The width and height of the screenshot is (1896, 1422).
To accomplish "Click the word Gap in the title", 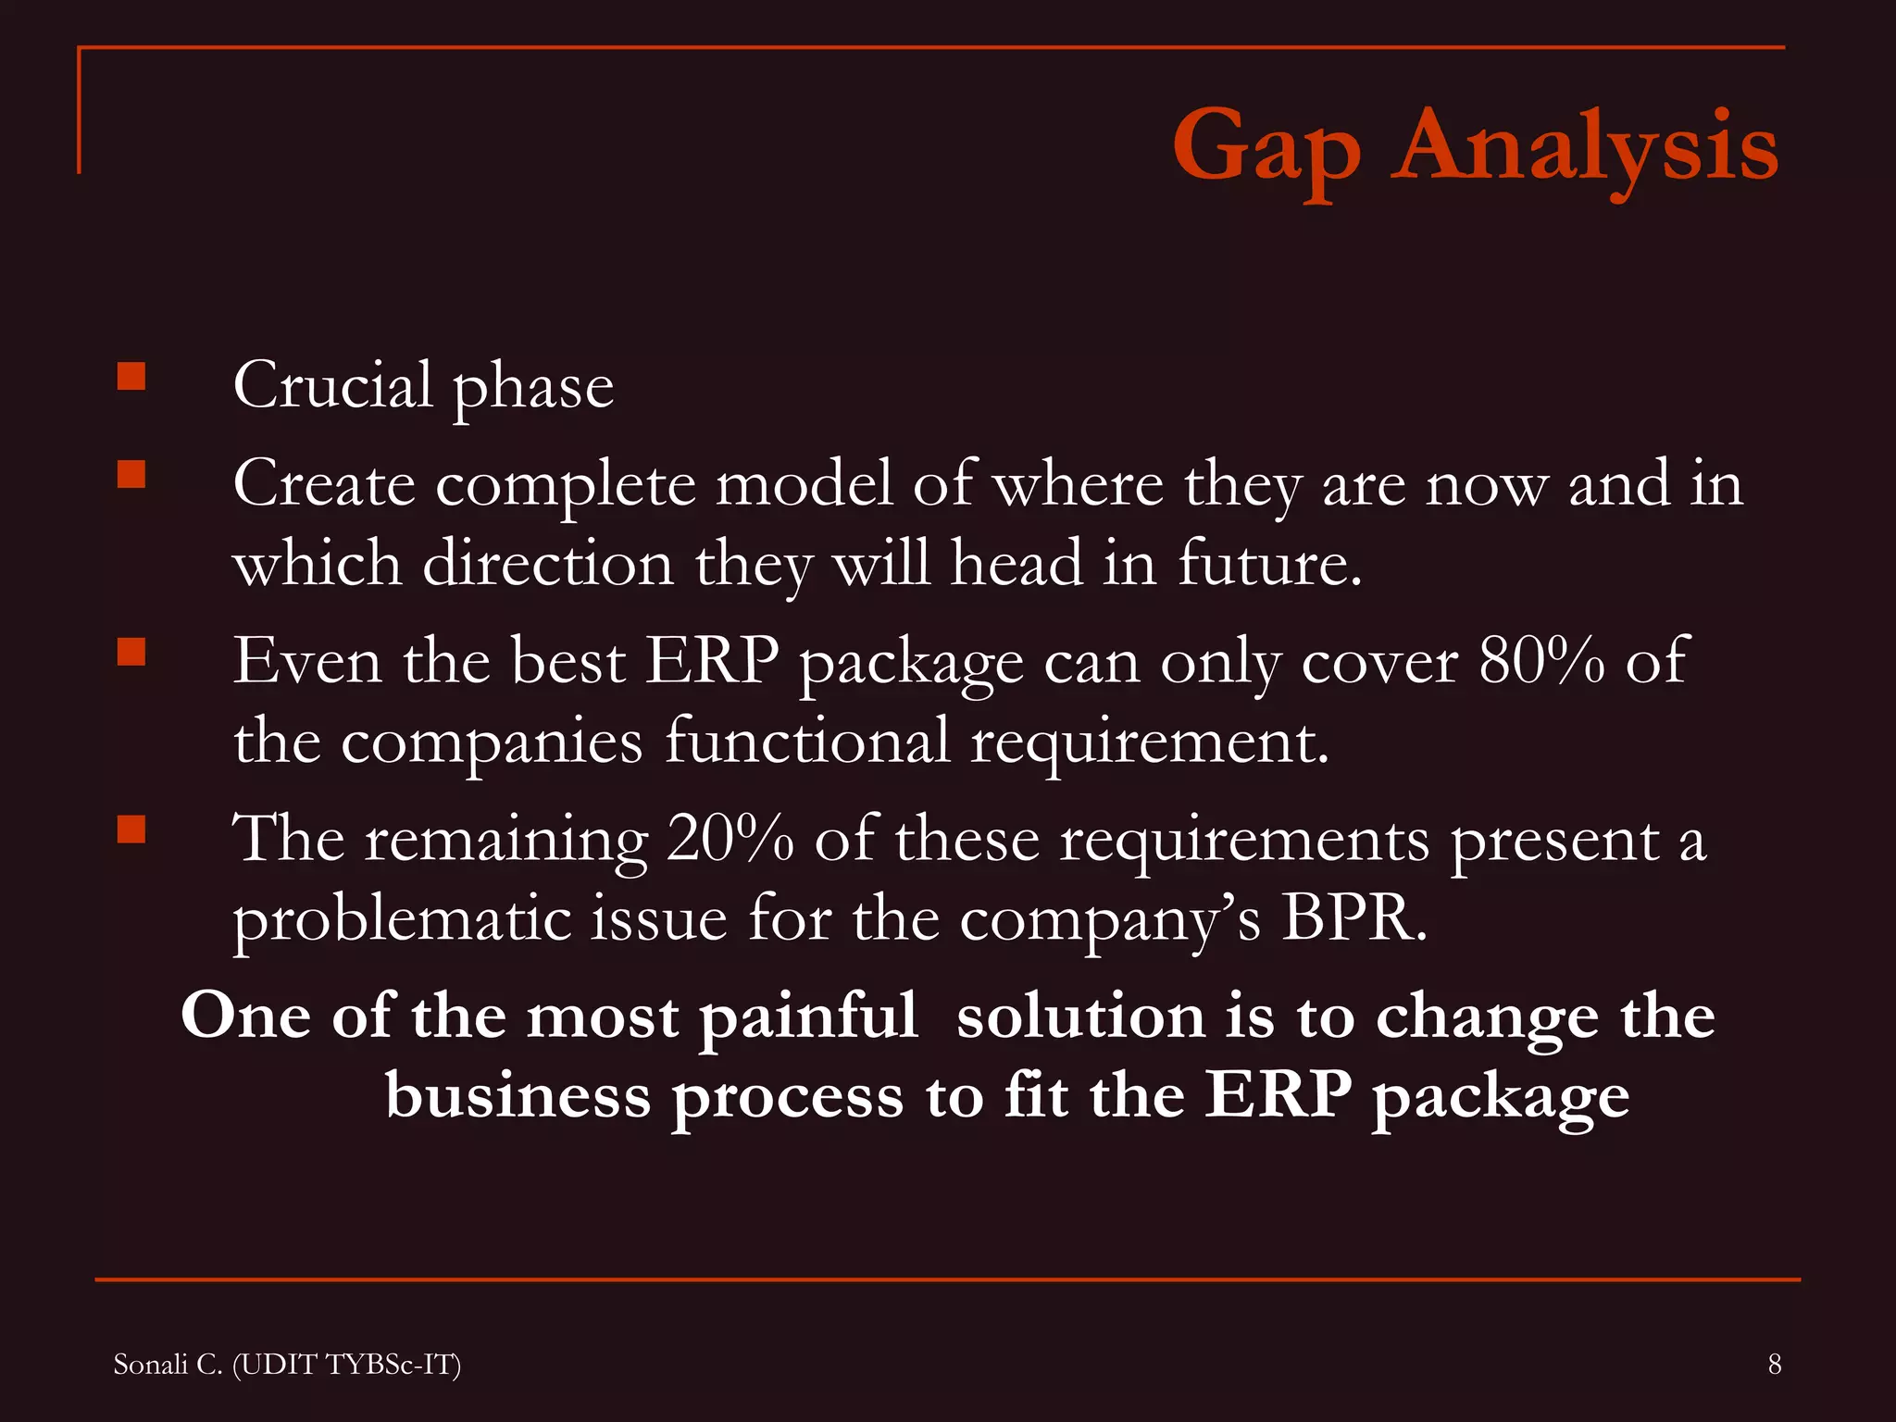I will pyautogui.click(x=1266, y=148).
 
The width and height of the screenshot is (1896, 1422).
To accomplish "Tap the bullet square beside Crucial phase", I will pyautogui.click(x=131, y=377).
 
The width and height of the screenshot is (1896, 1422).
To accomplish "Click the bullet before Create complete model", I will pyautogui.click(x=131, y=475).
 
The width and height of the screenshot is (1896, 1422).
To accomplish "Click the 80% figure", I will pyautogui.click(x=1541, y=661).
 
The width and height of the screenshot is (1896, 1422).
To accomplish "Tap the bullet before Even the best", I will pyautogui.click(x=131, y=653).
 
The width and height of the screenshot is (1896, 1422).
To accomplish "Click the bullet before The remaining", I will pyautogui.click(x=131, y=829).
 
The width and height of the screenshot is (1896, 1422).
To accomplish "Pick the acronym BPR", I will pyautogui.click(x=1353, y=918).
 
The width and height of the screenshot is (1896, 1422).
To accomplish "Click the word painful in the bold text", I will pyautogui.click(x=808, y=1017).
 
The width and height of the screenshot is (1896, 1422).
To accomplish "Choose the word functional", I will pyautogui.click(x=807, y=741).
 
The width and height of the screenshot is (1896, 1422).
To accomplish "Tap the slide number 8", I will pyautogui.click(x=1774, y=1364).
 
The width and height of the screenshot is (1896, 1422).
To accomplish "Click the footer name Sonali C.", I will pyautogui.click(x=168, y=1364).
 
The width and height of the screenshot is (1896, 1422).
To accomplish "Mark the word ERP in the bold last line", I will pyautogui.click(x=1278, y=1096).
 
